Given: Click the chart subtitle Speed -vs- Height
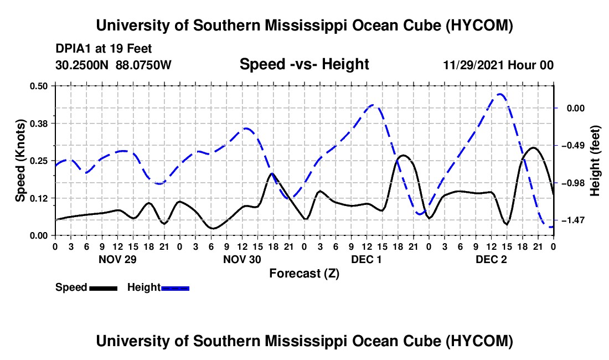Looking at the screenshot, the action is click(304, 64).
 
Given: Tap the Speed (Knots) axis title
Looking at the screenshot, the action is click(20, 161).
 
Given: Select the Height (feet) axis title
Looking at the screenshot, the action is click(595, 161).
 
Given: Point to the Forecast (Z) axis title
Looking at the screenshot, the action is click(304, 274).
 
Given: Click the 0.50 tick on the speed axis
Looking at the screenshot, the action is click(39, 86).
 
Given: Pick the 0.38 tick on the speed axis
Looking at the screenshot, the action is click(39, 124).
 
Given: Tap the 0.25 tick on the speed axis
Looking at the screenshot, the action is click(39, 161).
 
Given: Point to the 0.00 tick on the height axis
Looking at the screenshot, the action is click(576, 108).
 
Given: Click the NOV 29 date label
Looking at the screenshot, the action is click(118, 259).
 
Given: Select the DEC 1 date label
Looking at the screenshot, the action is click(367, 259).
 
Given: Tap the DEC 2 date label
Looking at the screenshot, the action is click(491, 259).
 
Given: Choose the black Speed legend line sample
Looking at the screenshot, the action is click(104, 288).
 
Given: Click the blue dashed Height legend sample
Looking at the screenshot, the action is click(175, 288).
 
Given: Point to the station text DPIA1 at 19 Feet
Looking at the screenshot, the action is click(104, 49).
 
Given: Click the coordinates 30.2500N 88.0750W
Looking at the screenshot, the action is click(113, 65).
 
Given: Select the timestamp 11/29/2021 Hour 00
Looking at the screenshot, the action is click(498, 65).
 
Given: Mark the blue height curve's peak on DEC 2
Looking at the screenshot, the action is click(500, 94).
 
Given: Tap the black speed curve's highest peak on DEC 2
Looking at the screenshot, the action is click(533, 147).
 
